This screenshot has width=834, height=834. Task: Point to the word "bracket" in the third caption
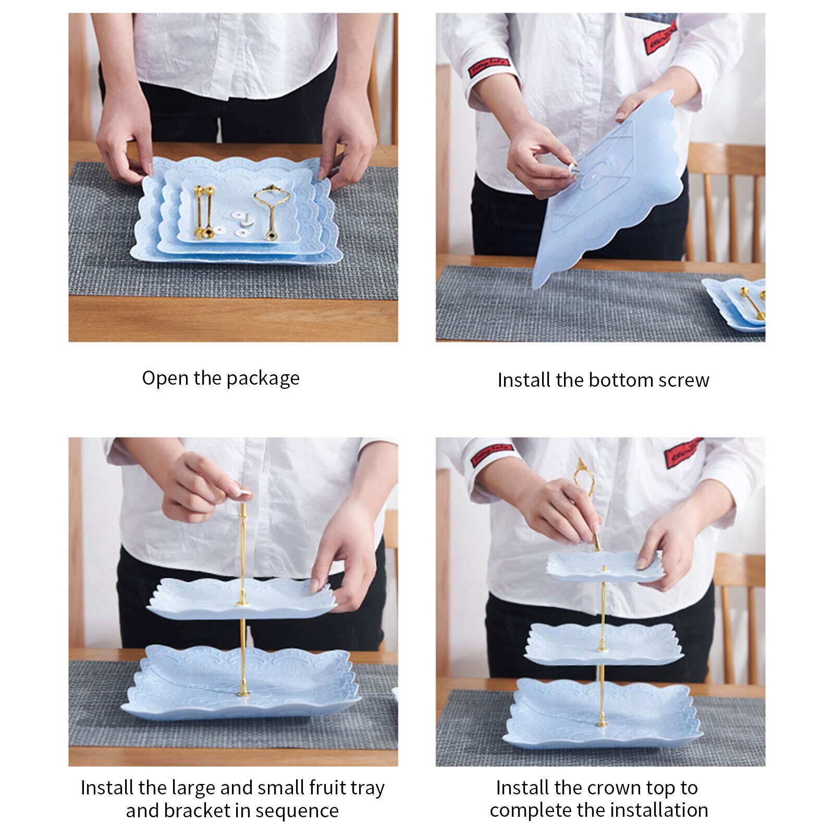(x=198, y=811)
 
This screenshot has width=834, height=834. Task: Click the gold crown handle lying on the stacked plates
(x=272, y=211)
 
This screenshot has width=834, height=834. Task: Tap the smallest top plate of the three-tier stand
(x=605, y=567)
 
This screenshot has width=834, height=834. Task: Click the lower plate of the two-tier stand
(x=241, y=683)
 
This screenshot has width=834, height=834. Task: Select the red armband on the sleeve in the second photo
(x=488, y=68)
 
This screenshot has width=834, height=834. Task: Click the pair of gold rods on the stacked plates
(x=204, y=212)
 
